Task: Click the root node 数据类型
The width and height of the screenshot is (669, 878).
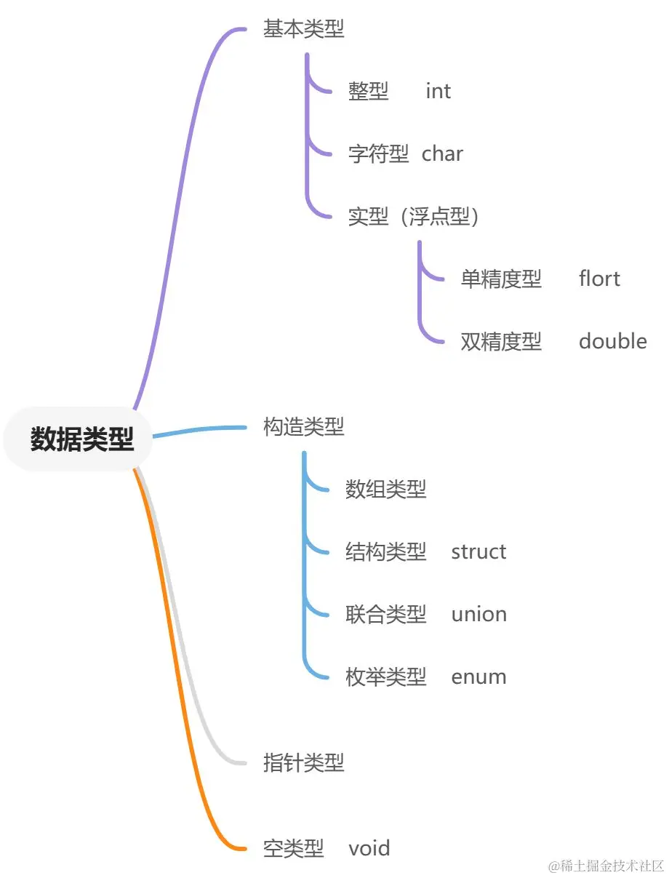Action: click(81, 439)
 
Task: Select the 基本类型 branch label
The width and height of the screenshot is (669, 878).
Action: click(303, 29)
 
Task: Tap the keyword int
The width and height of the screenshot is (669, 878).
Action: click(438, 92)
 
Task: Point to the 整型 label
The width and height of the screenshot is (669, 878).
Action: click(369, 92)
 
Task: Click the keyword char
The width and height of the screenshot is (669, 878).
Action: click(442, 154)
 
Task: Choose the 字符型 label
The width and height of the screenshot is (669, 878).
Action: click(378, 154)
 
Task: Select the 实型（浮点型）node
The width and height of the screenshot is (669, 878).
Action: click(413, 217)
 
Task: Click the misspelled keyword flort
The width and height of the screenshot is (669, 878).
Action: click(599, 279)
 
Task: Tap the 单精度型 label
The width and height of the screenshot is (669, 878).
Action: click(501, 279)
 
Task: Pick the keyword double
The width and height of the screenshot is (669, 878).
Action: click(612, 342)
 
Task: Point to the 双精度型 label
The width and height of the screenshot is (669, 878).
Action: click(501, 342)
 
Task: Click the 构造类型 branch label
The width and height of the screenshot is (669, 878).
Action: click(303, 427)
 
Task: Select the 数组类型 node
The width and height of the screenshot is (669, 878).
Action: click(385, 490)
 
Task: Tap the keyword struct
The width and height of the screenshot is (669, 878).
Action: click(478, 552)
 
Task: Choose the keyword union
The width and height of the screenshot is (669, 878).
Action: click(478, 615)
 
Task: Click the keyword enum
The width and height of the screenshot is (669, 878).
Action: click(478, 677)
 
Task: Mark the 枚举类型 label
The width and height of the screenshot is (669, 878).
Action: click(385, 677)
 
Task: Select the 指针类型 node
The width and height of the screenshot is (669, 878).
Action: click(303, 763)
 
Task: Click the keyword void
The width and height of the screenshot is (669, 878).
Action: click(369, 848)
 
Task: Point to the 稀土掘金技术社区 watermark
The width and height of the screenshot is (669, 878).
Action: click(607, 866)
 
